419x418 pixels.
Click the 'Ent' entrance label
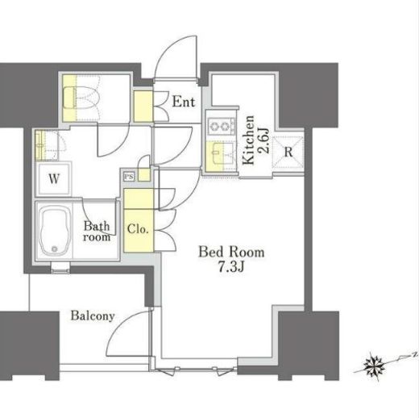pyautogui.click(x=184, y=102)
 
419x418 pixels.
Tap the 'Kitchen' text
pyautogui.click(x=248, y=140)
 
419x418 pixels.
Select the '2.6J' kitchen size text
pyautogui.click(x=263, y=140)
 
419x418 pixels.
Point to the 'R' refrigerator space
pyautogui.click(x=288, y=153)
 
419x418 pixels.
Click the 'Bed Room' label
pyautogui.click(x=231, y=252)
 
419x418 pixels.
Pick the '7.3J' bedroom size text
pyautogui.click(x=230, y=267)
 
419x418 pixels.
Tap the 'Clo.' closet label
pyautogui.click(x=138, y=229)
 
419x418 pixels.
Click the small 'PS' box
pyautogui.click(x=129, y=177)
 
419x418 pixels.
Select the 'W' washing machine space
pyautogui.click(x=54, y=178)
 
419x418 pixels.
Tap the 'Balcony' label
pyautogui.click(x=93, y=316)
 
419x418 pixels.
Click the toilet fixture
pyautogui.click(x=81, y=98)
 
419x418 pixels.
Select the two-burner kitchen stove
pyautogui.click(x=222, y=126)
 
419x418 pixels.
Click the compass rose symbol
pyautogui.click(x=374, y=366)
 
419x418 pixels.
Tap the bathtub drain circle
pyautogui.click(x=55, y=249)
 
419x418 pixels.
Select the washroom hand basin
pyautogui.click(x=41, y=144)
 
